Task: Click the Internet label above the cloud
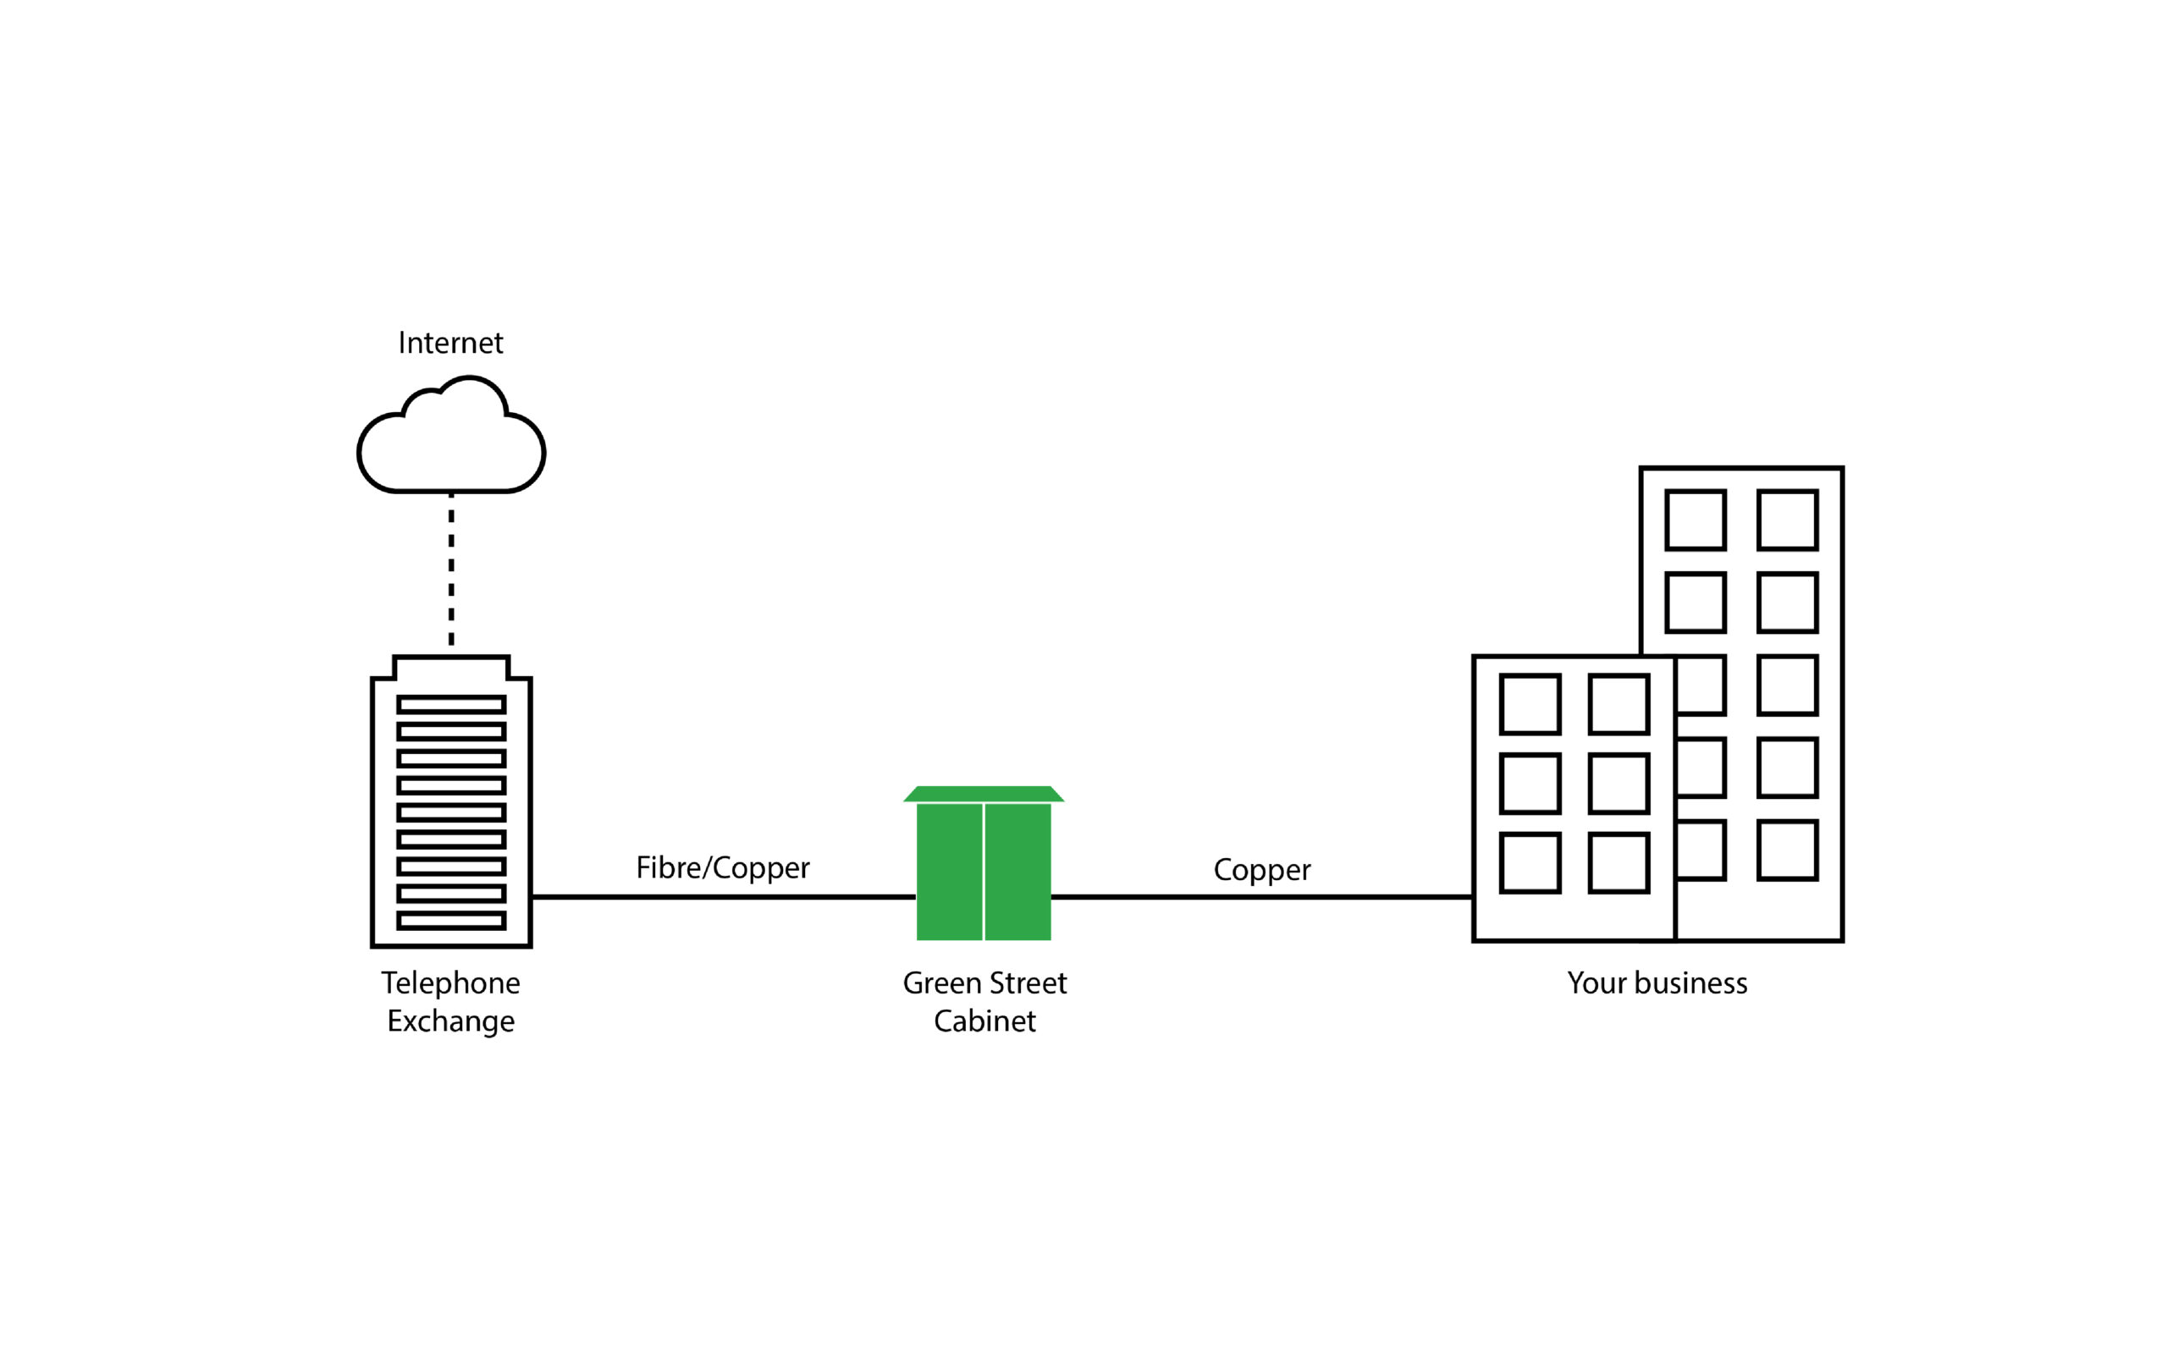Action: pyautogui.click(x=450, y=343)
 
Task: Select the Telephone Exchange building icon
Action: pyautogui.click(x=451, y=806)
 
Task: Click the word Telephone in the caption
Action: pyautogui.click(x=450, y=983)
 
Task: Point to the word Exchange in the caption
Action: pyautogui.click(x=450, y=1021)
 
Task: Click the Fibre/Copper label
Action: pyautogui.click(x=723, y=867)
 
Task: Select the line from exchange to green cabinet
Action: pyautogui.click(x=724, y=896)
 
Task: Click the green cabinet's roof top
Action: pyautogui.click(x=984, y=794)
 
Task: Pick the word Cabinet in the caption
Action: pyautogui.click(x=984, y=1021)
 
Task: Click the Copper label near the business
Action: pyautogui.click(x=1262, y=871)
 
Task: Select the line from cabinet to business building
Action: pyautogui.click(x=1262, y=896)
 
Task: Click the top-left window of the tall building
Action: pyautogui.click(x=1696, y=520)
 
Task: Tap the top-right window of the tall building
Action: pyautogui.click(x=1787, y=520)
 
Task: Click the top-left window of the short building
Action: pyautogui.click(x=1530, y=705)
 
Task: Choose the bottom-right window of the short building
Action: pyautogui.click(x=1619, y=863)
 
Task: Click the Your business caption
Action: pyautogui.click(x=1657, y=983)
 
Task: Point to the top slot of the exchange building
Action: pyautogui.click(x=451, y=705)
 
